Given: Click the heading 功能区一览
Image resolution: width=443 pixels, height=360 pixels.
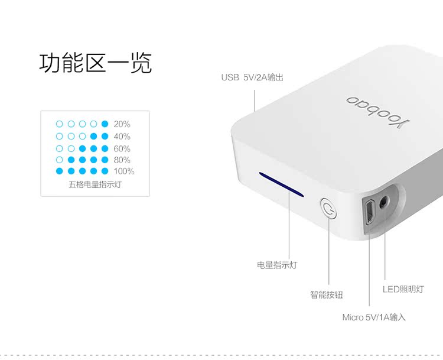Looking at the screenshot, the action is click(x=96, y=63).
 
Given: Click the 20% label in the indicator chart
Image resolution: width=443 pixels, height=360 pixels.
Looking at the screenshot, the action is click(x=122, y=124).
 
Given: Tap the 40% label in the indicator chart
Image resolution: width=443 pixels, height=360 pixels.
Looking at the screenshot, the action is click(x=122, y=136).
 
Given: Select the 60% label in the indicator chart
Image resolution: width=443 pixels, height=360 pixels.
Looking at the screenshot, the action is click(x=122, y=148).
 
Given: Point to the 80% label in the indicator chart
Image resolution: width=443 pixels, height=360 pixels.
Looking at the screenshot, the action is click(x=122, y=160).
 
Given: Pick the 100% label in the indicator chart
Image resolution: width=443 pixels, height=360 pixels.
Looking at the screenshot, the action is click(x=123, y=171).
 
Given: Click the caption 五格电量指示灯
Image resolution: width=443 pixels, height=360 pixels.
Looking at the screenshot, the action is click(x=95, y=184).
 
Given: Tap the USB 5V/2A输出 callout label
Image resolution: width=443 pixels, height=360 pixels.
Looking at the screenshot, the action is click(x=252, y=77).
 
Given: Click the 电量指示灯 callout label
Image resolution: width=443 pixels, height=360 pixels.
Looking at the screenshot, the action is click(x=277, y=265).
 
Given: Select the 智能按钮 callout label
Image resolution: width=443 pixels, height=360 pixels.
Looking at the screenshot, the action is click(x=327, y=294).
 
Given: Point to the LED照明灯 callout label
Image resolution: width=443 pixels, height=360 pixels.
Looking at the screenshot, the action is click(x=403, y=289).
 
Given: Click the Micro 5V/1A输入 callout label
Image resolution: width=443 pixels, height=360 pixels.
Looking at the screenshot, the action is click(x=374, y=317).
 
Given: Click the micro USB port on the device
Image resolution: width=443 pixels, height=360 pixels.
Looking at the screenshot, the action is click(x=367, y=212).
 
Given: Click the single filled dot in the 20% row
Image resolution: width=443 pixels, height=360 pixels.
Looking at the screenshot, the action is click(x=105, y=124).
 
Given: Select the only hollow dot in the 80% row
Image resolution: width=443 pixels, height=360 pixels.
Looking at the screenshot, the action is click(x=59, y=160).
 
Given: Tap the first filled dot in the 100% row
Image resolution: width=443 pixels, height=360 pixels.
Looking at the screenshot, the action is click(x=59, y=171).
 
